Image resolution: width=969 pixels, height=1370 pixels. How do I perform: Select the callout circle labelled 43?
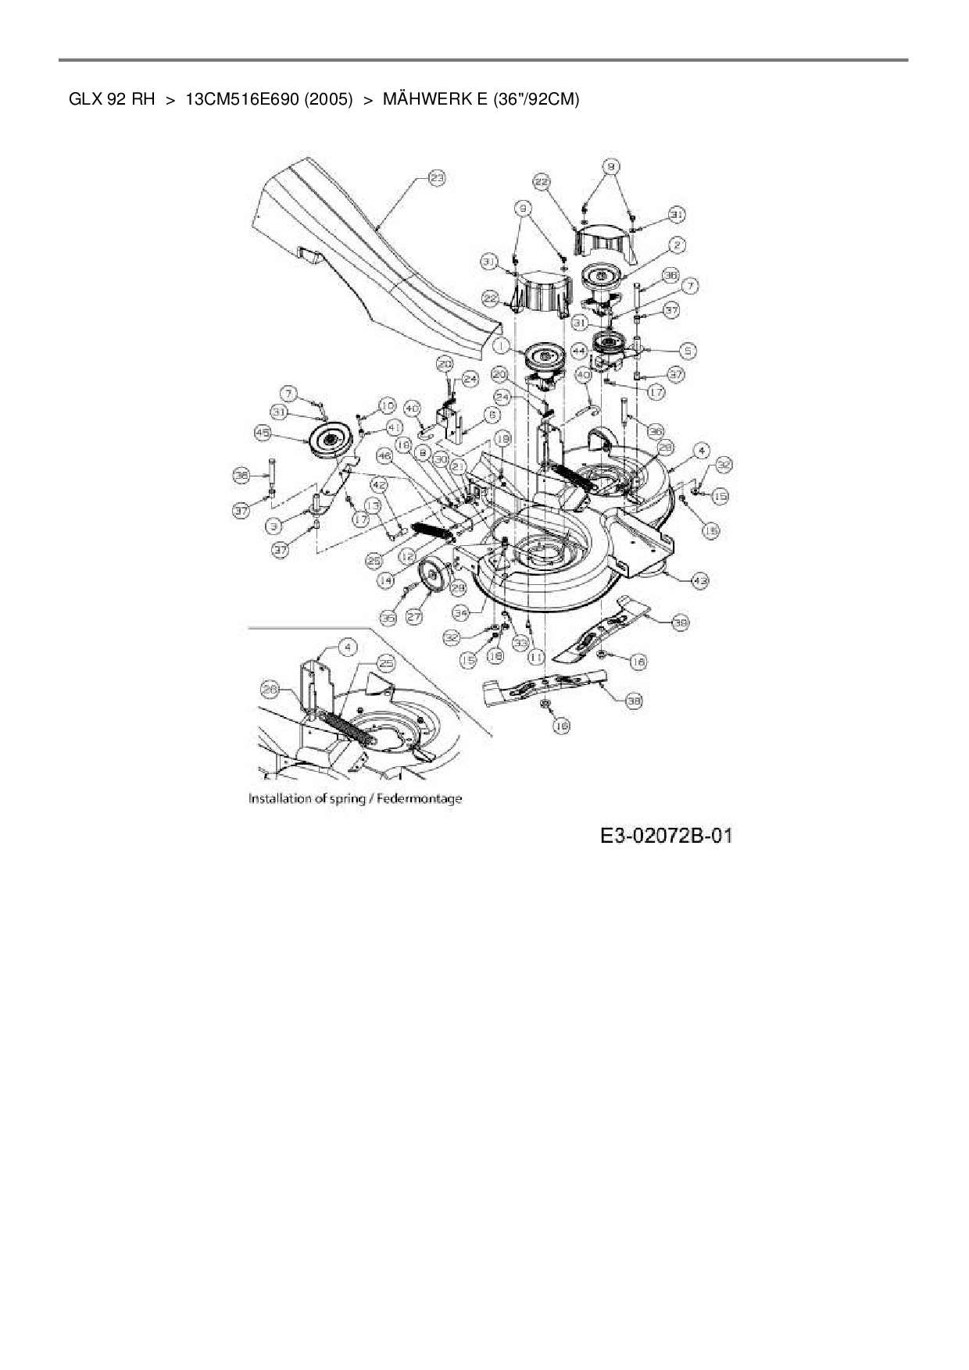coord(700,580)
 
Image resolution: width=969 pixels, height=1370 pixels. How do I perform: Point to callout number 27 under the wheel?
coord(414,617)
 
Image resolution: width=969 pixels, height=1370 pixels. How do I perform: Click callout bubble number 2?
coord(677,245)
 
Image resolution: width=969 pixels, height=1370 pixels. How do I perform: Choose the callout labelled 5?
coord(689,351)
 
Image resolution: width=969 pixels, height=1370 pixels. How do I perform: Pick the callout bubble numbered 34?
coord(461,612)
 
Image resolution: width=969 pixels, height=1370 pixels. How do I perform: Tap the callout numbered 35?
coord(387,617)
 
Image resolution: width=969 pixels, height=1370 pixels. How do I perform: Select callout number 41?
coord(393,427)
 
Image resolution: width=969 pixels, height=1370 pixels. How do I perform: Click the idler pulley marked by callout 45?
coord(328,441)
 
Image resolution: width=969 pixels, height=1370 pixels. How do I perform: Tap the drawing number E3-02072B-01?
coord(667,836)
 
